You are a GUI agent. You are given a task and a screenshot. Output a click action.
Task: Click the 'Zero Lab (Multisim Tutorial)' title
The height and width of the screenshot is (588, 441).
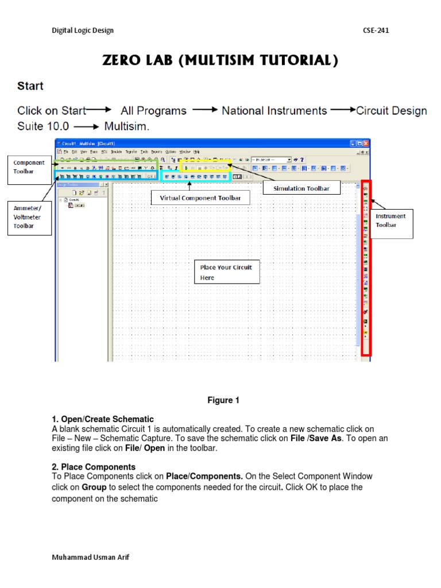tap(220, 61)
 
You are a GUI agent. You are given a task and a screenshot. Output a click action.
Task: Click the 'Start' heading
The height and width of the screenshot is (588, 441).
tap(30, 86)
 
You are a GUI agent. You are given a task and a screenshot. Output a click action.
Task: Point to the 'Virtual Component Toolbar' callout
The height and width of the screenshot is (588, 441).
tap(200, 199)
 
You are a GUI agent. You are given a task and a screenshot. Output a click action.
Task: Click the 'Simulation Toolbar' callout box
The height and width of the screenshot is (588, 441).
tap(301, 188)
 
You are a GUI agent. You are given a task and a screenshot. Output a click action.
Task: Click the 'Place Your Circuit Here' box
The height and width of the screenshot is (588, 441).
tap(226, 272)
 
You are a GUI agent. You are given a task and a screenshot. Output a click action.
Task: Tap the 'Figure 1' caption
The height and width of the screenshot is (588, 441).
tap(223, 400)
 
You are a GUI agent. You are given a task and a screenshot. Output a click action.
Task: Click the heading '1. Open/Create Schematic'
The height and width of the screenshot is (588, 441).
tap(103, 419)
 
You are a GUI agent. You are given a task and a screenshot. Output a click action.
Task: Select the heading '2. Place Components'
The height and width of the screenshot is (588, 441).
tap(94, 467)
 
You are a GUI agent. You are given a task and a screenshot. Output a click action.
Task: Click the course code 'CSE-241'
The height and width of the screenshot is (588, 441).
tap(376, 30)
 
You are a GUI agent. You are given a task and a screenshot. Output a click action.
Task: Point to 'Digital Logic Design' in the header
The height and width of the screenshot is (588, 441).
tap(83, 30)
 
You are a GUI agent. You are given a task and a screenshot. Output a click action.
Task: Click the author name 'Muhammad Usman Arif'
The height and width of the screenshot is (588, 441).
tap(90, 558)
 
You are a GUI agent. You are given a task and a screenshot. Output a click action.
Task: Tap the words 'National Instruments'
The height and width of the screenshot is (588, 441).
tap(274, 111)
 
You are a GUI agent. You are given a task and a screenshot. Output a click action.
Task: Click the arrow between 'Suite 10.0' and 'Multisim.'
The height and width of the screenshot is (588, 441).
tap(87, 126)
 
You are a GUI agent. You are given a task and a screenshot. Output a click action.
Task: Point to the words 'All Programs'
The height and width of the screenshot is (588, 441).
tap(153, 111)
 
